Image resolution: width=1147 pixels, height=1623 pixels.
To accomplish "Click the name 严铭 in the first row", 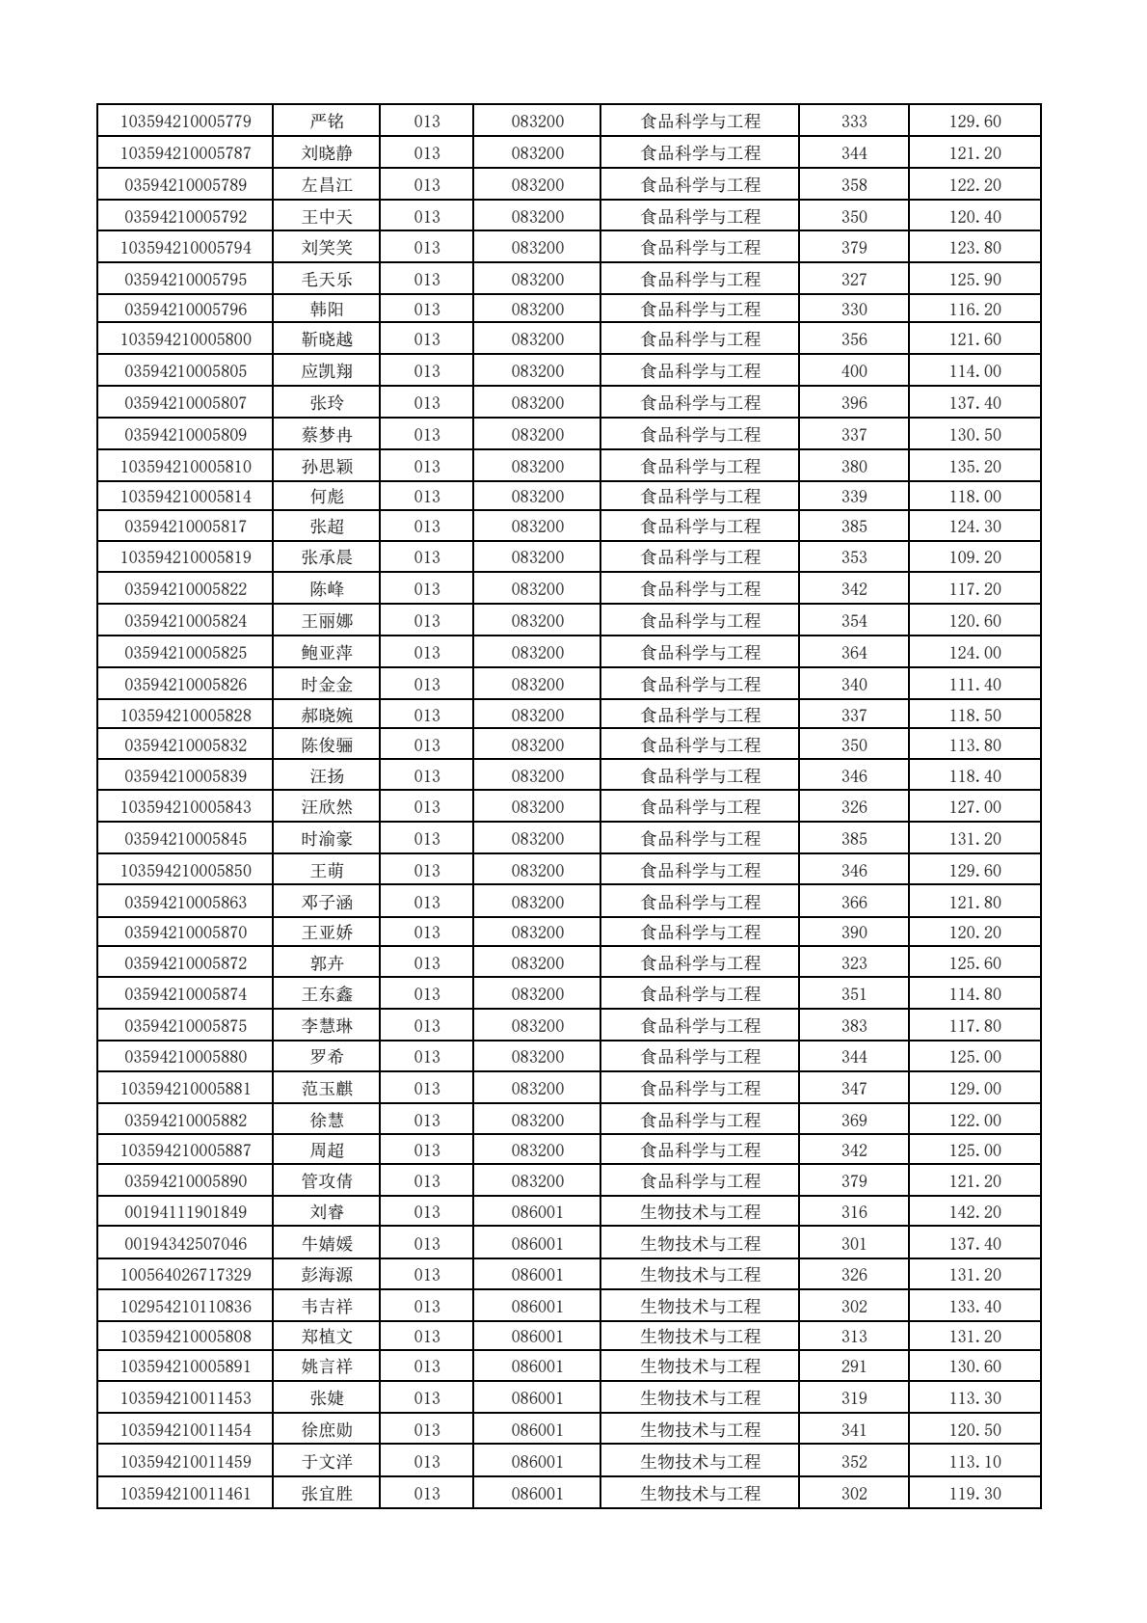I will click(x=327, y=122).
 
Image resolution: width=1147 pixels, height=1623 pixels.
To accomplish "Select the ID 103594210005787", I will click(x=185, y=153).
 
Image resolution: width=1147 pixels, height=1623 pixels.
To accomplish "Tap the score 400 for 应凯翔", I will click(x=854, y=371).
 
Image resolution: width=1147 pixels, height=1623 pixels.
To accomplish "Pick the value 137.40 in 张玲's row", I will click(x=974, y=403).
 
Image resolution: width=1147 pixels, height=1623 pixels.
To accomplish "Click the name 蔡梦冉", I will click(x=327, y=435).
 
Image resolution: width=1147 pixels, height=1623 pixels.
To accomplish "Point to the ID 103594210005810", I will click(x=185, y=467).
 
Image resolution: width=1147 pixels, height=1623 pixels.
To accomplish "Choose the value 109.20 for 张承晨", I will click(x=974, y=557).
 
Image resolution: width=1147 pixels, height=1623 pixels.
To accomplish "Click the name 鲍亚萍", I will click(x=327, y=653).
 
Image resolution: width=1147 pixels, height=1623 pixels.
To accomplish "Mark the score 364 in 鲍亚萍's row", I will click(x=854, y=653).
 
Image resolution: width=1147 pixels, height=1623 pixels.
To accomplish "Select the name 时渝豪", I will click(x=327, y=839).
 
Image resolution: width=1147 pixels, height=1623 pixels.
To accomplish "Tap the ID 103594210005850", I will click(x=185, y=871).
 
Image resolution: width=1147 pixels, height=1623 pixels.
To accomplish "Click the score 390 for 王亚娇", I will click(x=854, y=933).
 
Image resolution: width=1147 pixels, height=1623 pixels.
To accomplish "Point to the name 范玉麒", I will click(x=327, y=1089).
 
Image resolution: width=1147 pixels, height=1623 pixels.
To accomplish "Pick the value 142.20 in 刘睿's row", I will click(x=974, y=1212).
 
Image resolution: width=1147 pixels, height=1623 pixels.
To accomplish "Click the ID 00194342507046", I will click(x=185, y=1244).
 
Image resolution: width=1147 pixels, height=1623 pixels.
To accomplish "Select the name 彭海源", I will click(x=327, y=1275).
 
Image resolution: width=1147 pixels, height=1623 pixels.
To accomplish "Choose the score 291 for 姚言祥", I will click(x=854, y=1366).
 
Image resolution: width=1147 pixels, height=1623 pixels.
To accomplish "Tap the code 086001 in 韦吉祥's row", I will click(x=537, y=1307).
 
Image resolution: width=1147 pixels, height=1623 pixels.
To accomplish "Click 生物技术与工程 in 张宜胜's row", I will click(x=701, y=1494).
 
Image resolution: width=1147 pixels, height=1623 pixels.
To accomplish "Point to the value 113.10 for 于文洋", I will click(x=974, y=1462).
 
